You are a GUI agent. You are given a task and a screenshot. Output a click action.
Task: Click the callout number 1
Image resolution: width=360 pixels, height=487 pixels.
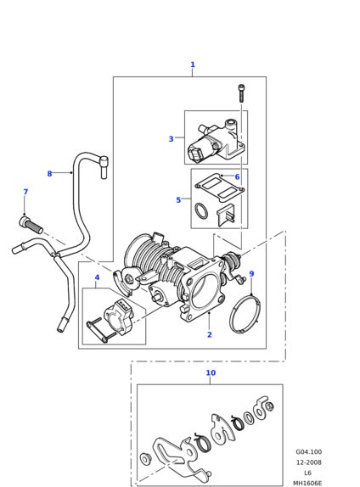[x=193, y=64]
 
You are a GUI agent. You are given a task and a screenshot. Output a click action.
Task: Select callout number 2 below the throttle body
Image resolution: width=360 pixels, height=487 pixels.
[x=209, y=334]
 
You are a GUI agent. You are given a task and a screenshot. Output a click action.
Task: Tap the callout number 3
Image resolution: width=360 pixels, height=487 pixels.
[x=171, y=139]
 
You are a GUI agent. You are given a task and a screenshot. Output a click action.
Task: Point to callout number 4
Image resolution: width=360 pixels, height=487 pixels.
[x=97, y=277]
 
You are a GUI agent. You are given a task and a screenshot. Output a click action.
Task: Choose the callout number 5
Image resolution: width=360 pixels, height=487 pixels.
[x=178, y=200]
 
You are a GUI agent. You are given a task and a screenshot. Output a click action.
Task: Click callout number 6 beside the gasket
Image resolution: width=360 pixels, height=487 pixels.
[x=237, y=176]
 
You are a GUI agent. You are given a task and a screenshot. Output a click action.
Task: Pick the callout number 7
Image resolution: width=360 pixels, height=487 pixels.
[x=25, y=192]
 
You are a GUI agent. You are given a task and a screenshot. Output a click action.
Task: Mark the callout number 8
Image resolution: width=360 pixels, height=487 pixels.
[x=49, y=174]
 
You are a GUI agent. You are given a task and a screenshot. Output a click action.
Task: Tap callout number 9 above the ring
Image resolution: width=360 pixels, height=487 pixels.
[x=251, y=274]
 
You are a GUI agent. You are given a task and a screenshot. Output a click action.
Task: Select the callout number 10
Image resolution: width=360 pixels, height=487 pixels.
[x=211, y=372]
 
